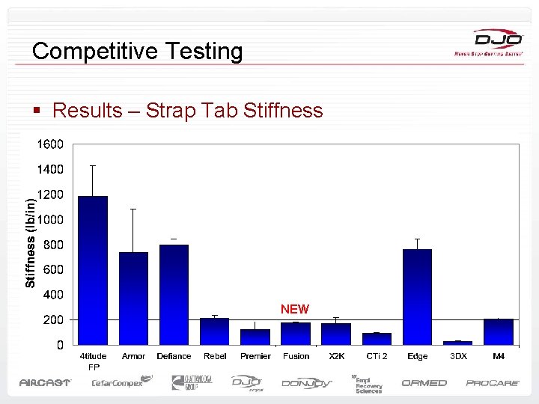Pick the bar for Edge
coord(417,296)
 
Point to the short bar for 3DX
coord(457,343)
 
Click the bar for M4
coord(498,331)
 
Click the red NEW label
coord(294,309)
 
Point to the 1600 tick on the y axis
coord(51,144)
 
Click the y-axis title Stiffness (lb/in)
coord(31,242)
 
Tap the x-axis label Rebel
coord(215,356)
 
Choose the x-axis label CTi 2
coord(377,356)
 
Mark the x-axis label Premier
coord(255,356)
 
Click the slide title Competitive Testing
coord(138,52)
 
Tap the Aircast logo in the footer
coord(45,383)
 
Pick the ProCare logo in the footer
coord(493,383)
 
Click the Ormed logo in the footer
coord(424,383)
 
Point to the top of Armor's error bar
coord(133,209)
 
